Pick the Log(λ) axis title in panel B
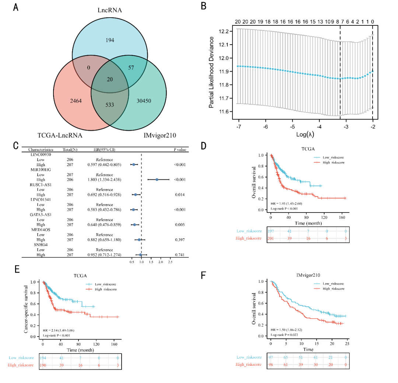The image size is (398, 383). tap(306, 134)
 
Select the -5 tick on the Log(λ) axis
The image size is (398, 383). tap(292, 126)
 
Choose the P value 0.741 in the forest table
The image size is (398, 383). tap(179, 254)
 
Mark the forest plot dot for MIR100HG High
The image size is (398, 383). tap(157, 179)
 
